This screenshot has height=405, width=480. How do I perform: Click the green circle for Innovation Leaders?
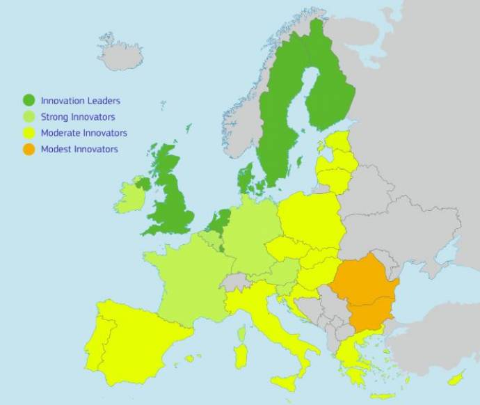click(x=29, y=100)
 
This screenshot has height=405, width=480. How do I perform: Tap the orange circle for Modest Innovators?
click(x=29, y=149)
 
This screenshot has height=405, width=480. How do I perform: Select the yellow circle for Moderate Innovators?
click(x=29, y=133)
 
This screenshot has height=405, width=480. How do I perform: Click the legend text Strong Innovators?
click(x=78, y=117)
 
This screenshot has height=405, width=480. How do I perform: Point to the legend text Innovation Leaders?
click(x=81, y=101)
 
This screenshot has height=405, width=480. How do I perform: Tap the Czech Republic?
click(x=286, y=248)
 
